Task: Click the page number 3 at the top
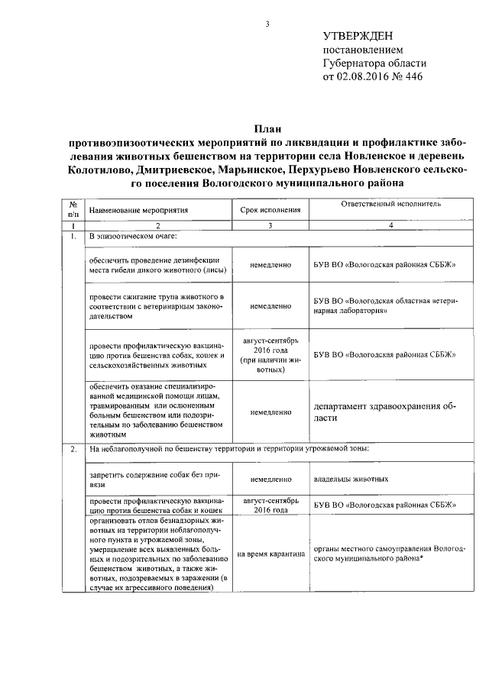pyautogui.click(x=267, y=24)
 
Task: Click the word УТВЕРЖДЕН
pyautogui.click(x=359, y=36)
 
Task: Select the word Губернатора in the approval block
pyautogui.click(x=358, y=63)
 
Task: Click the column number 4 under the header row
pyautogui.click(x=390, y=226)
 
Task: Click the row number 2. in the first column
pyautogui.click(x=72, y=448)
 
